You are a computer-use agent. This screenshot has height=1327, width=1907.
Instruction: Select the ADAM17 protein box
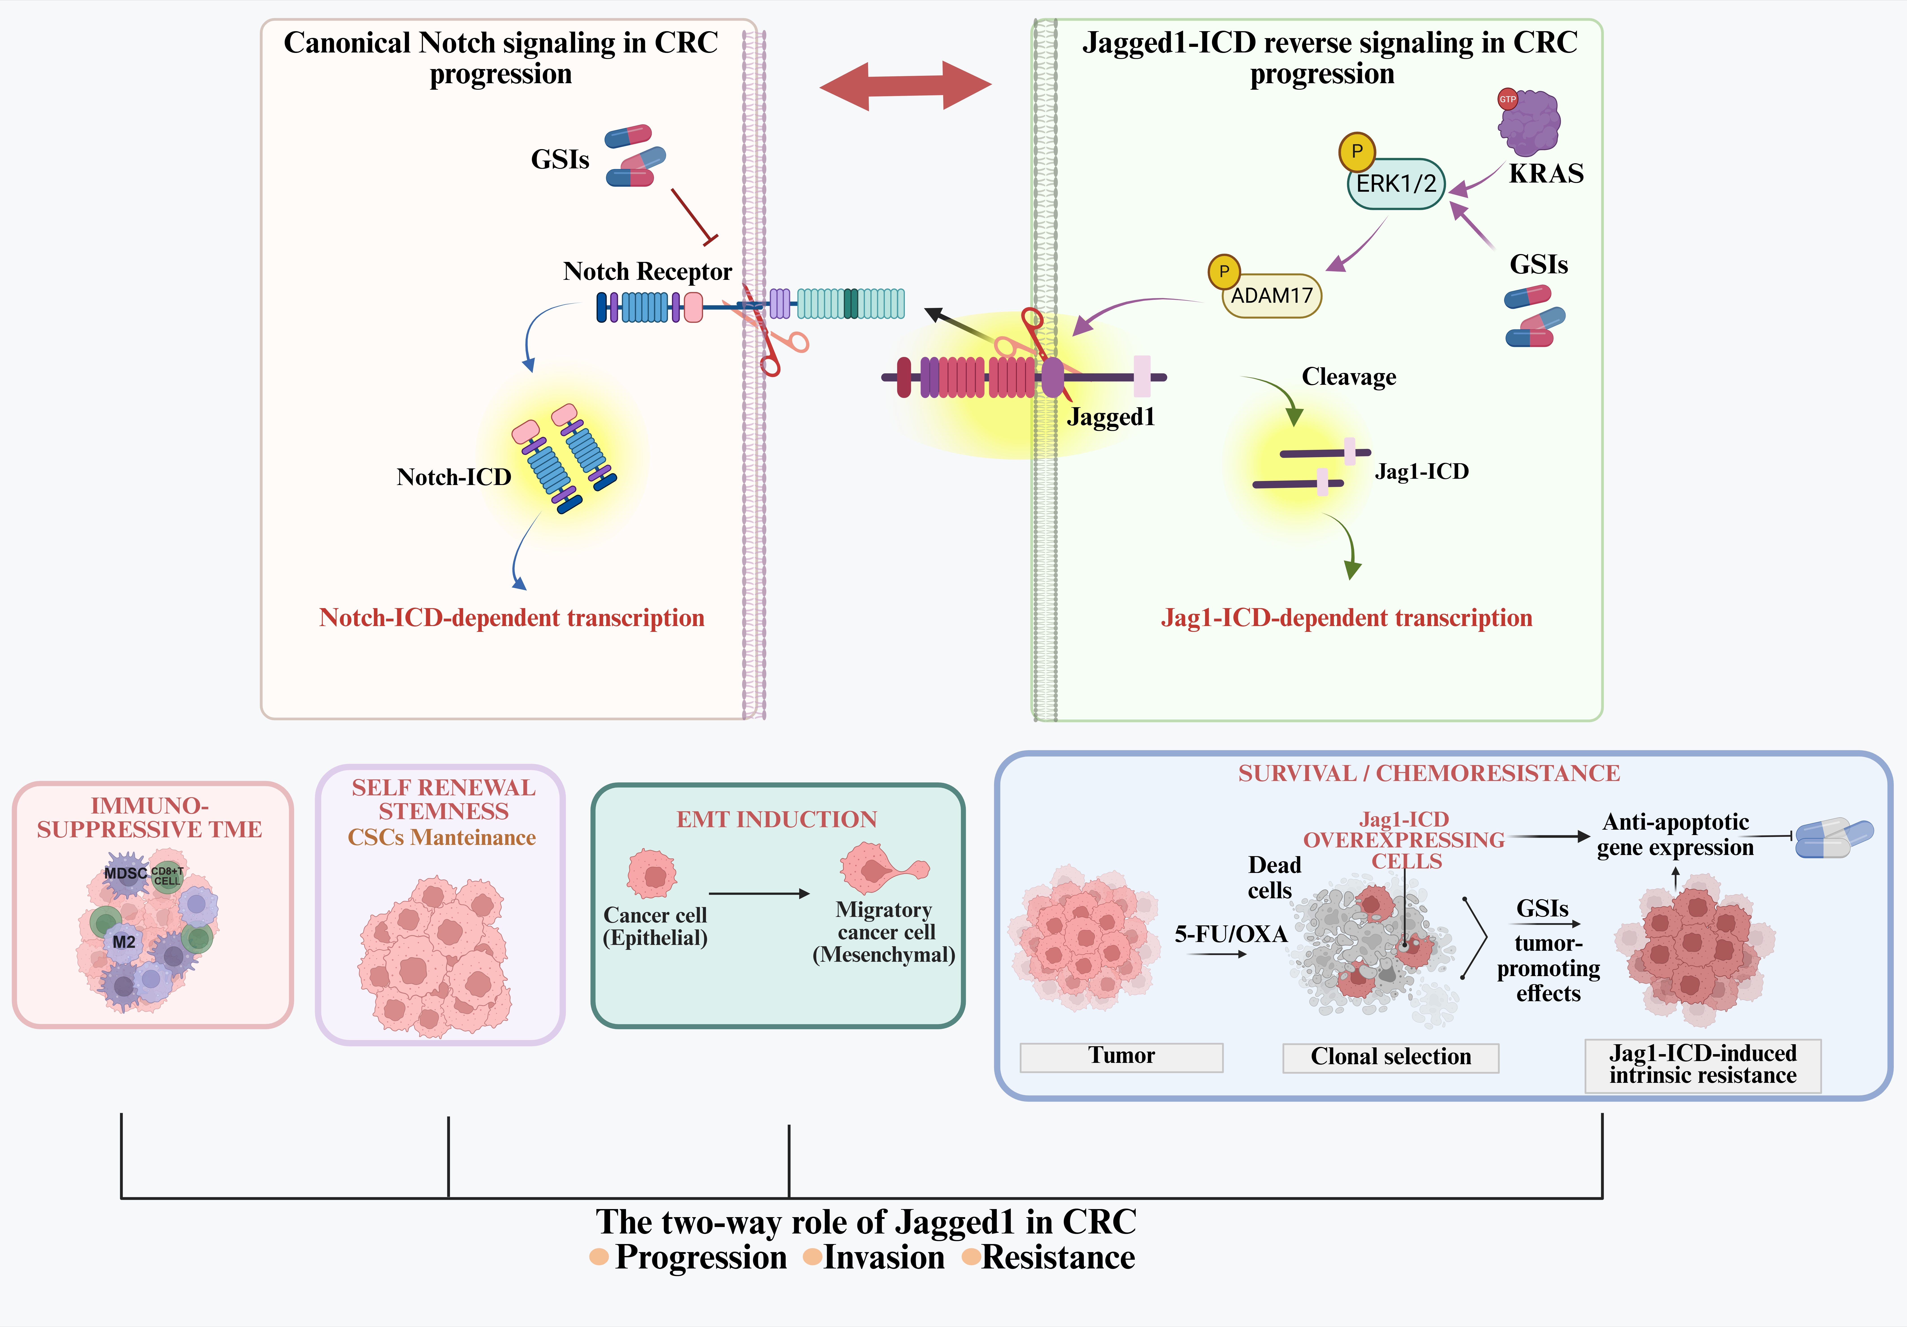coord(1272,296)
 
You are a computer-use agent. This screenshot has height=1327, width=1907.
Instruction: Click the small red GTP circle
coord(1507,99)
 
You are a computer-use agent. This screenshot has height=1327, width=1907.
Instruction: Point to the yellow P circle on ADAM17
coord(1223,271)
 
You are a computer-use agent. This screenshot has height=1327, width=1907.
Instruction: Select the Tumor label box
coord(1121,1056)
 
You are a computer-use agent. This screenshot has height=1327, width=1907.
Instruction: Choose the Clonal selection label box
coord(1390,1057)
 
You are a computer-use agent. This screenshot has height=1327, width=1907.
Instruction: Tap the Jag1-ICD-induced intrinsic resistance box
coord(1703,1064)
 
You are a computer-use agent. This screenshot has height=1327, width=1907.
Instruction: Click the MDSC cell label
coord(125,873)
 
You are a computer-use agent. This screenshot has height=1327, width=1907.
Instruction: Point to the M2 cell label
coord(124,942)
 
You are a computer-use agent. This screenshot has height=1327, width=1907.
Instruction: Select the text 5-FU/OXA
coord(1230,934)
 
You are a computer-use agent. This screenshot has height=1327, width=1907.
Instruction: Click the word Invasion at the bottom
coord(884,1257)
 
